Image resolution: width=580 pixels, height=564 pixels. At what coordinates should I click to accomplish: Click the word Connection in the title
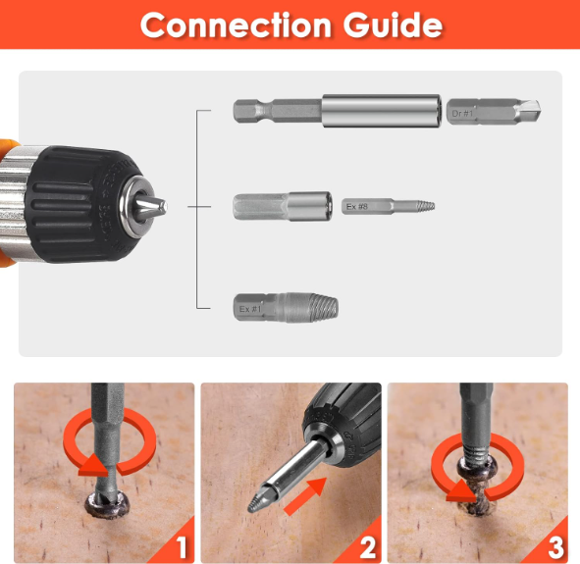[x=236, y=25]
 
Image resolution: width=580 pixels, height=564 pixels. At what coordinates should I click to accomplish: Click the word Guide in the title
[x=393, y=25]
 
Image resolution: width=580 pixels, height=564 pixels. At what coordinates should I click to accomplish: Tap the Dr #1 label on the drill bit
[x=462, y=113]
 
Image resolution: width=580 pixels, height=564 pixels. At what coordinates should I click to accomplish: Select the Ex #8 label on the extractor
[x=357, y=206]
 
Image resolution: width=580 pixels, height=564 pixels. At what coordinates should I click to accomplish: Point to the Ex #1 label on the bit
[x=250, y=309]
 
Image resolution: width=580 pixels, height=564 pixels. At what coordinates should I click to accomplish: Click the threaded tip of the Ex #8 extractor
[x=425, y=206]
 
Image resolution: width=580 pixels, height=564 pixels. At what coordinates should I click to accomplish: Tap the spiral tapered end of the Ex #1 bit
[x=324, y=306]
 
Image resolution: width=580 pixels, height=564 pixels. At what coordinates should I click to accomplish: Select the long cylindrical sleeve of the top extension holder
[x=382, y=111]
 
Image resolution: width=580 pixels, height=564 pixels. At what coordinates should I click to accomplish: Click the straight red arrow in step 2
[x=306, y=496]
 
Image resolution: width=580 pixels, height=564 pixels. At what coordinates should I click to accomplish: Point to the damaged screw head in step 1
[x=107, y=504]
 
